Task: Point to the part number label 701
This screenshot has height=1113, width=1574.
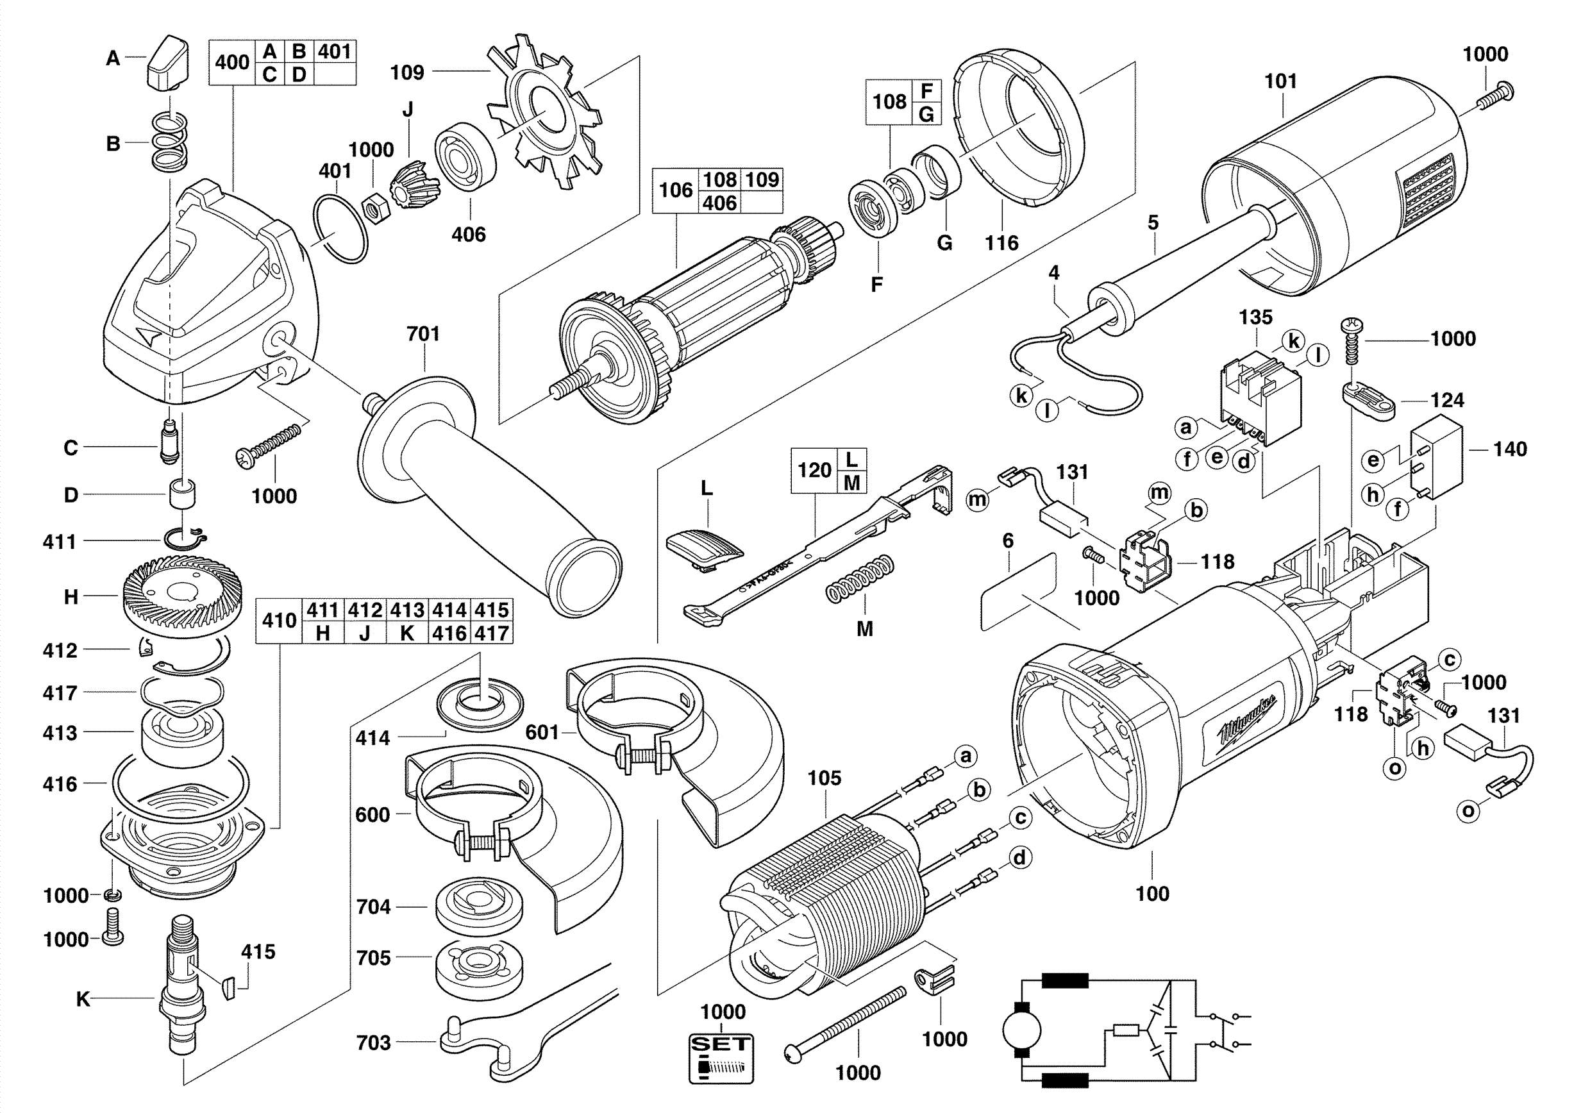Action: click(x=423, y=334)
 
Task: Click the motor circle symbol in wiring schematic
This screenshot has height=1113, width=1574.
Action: click(x=1021, y=1030)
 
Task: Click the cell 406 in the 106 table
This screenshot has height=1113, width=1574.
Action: click(x=720, y=203)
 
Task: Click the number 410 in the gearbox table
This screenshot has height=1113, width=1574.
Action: click(x=279, y=620)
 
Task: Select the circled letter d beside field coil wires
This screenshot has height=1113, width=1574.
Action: click(x=1020, y=857)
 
